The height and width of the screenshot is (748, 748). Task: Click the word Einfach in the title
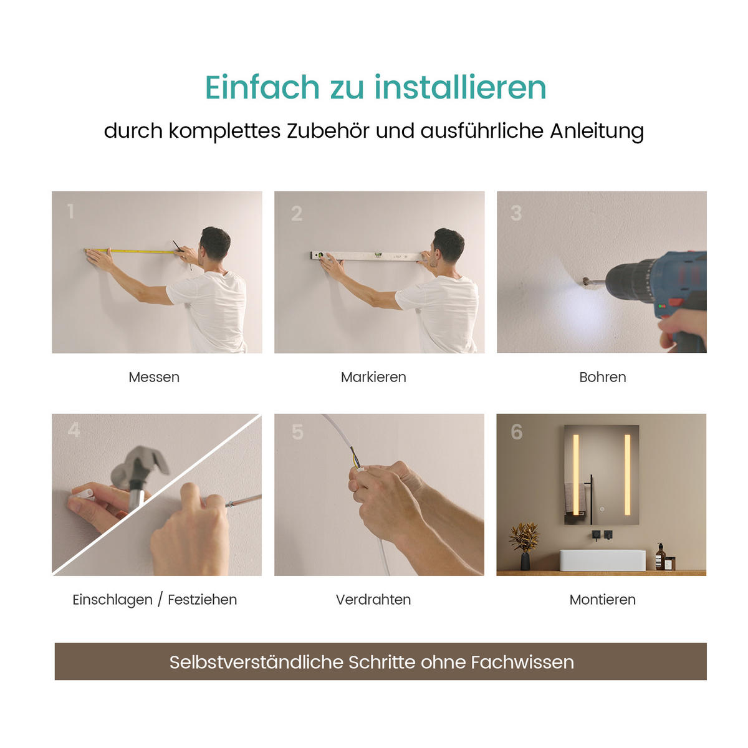pos(262,87)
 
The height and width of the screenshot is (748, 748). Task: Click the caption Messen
pos(154,377)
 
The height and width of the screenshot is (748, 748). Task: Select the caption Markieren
pos(373,377)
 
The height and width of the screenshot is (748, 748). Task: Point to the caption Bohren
pos(602,377)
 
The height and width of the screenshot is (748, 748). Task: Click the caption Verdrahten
pos(373,600)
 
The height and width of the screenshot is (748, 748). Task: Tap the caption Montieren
pos(602,600)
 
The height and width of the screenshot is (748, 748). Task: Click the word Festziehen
pos(203,600)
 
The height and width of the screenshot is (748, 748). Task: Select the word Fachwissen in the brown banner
pos(522,662)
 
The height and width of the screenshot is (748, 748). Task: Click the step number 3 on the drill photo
pos(516,213)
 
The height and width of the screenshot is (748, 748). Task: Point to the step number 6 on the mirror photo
pos(516,432)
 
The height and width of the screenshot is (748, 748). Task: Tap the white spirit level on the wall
pos(368,256)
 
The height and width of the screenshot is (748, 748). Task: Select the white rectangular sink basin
pos(602,560)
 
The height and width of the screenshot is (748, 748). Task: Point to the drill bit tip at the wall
pos(585,282)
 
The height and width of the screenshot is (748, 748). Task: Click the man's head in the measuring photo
pos(215,243)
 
